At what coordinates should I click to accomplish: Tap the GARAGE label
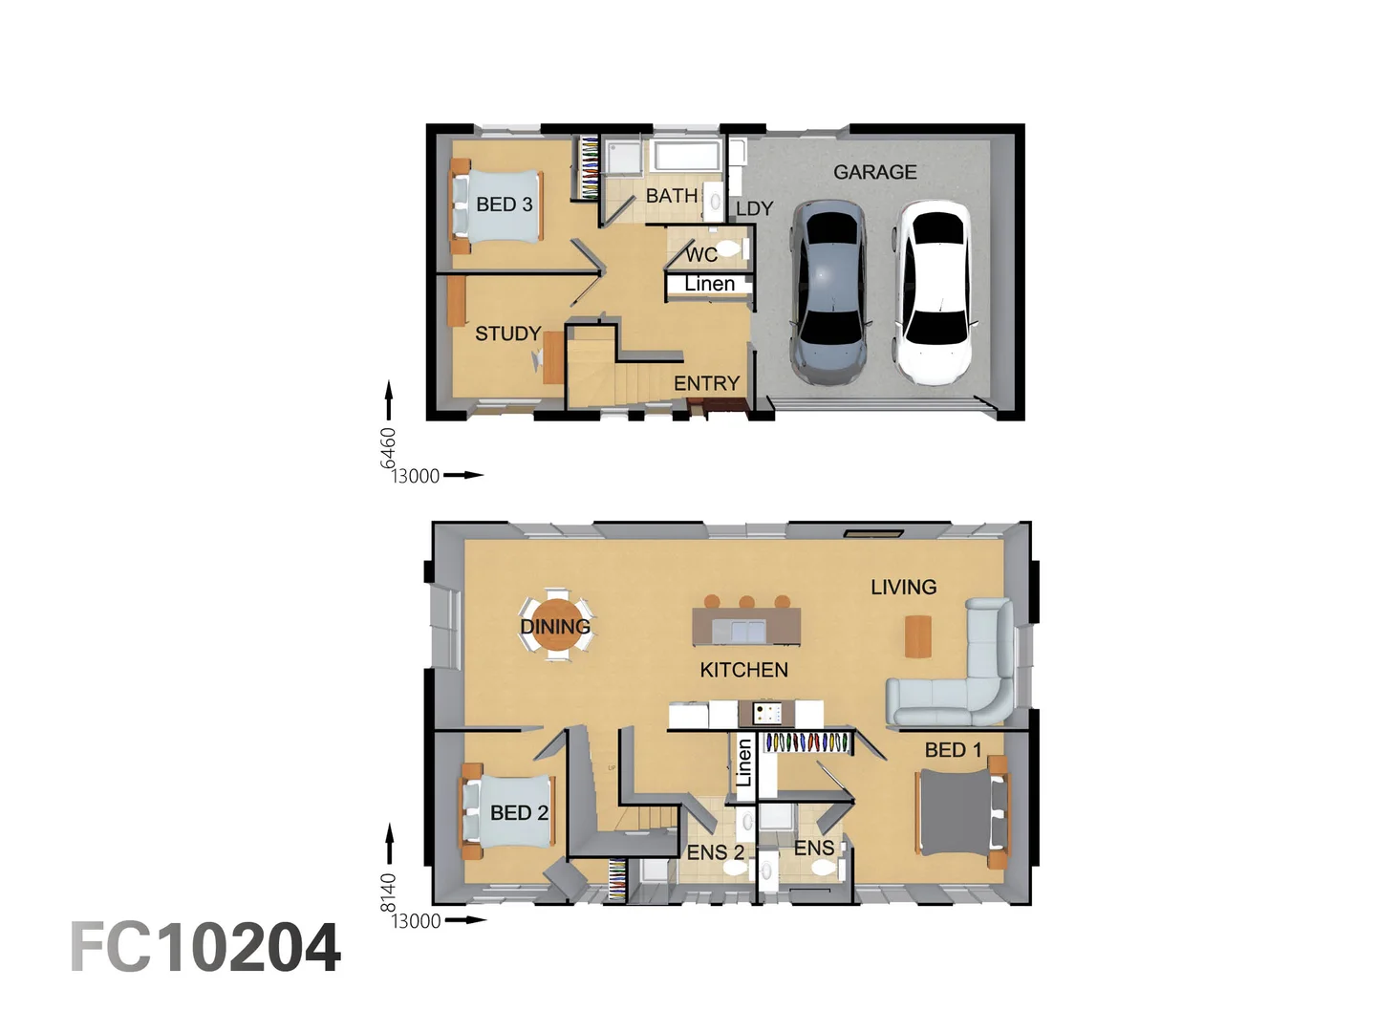tap(874, 172)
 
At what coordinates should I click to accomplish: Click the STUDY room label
tap(507, 333)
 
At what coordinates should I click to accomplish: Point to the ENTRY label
tap(706, 383)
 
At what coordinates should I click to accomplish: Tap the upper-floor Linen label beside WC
tap(709, 284)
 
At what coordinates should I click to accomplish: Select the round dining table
tap(555, 626)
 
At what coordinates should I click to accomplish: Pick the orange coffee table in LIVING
tap(917, 636)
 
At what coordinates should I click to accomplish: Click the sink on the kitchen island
tap(745, 631)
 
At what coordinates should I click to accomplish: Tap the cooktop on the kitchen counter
tap(766, 713)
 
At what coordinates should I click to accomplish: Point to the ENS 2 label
tap(715, 851)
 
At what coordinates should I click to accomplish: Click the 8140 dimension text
tap(388, 892)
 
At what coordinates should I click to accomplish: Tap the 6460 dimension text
tap(388, 447)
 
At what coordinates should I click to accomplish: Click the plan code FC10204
tap(205, 948)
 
